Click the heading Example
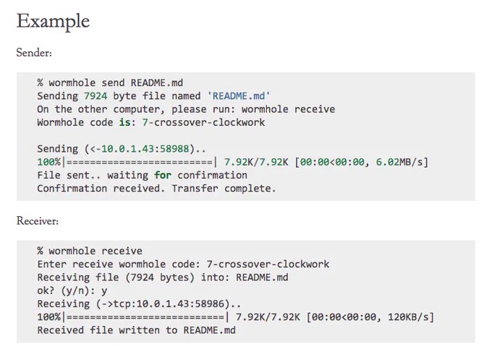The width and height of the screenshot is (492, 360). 53,22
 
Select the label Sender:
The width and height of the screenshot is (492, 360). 34,53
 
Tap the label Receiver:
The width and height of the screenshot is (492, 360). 38,221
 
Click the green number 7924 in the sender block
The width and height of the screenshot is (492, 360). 96,96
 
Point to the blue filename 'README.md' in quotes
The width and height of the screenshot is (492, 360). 239,96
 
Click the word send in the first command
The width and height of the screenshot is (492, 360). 113,83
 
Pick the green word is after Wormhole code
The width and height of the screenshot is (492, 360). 124,122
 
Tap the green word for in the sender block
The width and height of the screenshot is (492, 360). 163,175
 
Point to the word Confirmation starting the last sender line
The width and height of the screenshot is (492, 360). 72,189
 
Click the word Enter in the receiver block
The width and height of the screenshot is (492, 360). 52,265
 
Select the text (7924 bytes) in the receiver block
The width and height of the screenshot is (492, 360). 160,278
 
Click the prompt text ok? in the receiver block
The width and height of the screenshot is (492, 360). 46,291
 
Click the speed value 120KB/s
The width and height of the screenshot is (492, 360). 408,317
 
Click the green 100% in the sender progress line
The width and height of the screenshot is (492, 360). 49,162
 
